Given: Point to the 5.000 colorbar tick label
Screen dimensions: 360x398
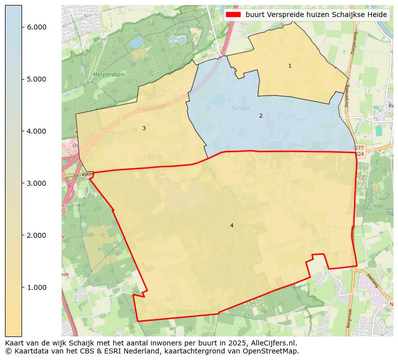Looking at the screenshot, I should [37, 79].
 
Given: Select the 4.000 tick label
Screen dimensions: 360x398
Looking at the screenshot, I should [37, 131].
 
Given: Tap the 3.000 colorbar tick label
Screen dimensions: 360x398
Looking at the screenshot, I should [37, 183].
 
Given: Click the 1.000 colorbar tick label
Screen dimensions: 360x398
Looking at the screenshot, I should [37, 287].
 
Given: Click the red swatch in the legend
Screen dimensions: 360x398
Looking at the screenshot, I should [233, 15].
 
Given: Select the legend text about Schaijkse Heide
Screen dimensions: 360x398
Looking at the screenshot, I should [316, 15].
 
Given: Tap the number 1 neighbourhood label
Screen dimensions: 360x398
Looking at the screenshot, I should [290, 66].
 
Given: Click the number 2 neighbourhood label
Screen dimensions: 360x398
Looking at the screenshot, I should [261, 116].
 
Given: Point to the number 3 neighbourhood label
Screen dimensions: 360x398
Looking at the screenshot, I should [144, 128].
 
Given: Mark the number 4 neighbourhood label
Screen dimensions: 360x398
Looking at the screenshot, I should [232, 225].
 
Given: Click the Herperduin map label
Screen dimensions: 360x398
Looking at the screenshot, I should [108, 75].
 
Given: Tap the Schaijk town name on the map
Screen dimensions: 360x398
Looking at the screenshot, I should [241, 108].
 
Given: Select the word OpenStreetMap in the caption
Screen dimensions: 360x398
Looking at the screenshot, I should [272, 351].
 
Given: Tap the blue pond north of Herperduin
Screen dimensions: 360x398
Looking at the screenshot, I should [136, 43].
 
